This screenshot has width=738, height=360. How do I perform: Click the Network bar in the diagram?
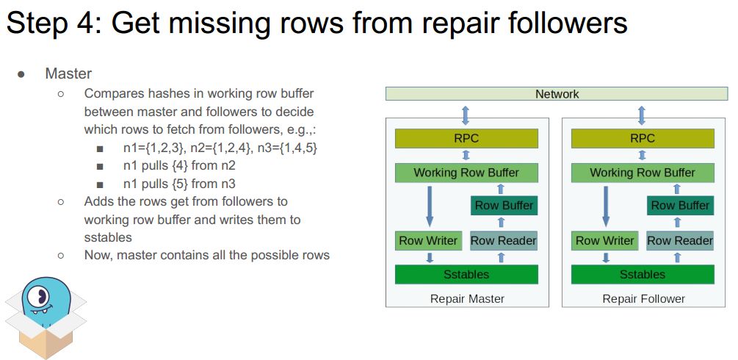click(x=557, y=94)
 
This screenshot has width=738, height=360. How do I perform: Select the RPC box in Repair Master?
click(x=466, y=138)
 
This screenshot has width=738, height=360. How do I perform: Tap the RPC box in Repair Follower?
click(x=642, y=138)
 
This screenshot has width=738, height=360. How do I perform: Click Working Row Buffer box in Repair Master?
click(x=466, y=173)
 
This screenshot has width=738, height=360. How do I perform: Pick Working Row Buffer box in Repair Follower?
click(x=642, y=173)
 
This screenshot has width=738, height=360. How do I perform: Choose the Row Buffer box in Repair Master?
click(x=504, y=206)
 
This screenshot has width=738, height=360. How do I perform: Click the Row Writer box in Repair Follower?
click(x=604, y=240)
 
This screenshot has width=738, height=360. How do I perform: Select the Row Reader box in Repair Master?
click(x=503, y=240)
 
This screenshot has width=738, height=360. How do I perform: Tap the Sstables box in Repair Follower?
click(x=642, y=274)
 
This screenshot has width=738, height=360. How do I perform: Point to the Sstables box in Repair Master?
click(x=466, y=274)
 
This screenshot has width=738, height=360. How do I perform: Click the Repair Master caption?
click(x=467, y=298)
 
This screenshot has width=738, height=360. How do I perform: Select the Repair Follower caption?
click(x=643, y=298)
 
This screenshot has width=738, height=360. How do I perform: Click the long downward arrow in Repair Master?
click(x=430, y=206)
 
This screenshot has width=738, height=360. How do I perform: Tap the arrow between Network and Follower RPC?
click(x=642, y=115)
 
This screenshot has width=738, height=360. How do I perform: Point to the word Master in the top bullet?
click(x=68, y=73)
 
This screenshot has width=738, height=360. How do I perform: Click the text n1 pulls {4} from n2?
click(x=179, y=166)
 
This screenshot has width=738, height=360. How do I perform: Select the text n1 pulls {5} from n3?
click(x=179, y=184)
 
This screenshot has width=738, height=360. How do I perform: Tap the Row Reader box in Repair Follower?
click(x=679, y=240)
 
